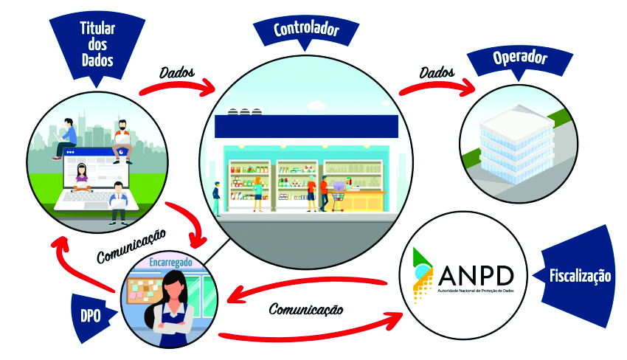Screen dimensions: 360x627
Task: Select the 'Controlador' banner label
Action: coord(306,30)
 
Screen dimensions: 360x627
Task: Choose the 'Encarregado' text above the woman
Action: coord(172,262)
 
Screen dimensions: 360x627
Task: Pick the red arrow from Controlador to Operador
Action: coord(437,83)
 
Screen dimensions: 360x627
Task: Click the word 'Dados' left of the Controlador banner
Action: coord(176,73)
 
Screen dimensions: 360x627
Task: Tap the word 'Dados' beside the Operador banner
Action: coord(437,72)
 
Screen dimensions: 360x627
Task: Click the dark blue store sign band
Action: coord(306,125)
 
